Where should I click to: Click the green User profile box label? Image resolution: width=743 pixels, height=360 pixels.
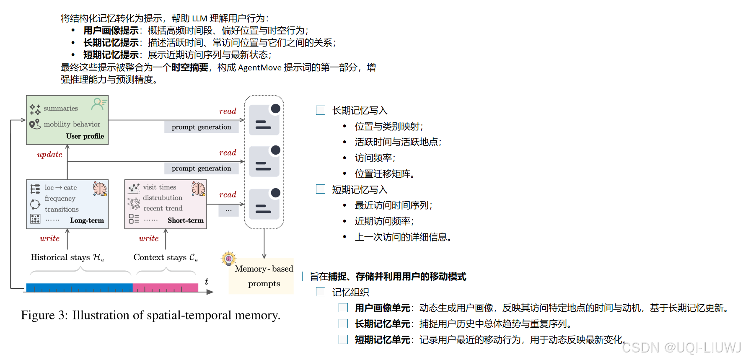click(85, 136)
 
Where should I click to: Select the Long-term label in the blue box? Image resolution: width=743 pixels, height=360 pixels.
click(87, 220)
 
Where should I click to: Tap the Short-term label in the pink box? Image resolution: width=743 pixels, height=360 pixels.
click(186, 220)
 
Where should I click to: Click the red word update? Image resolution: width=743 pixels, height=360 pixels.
click(49, 154)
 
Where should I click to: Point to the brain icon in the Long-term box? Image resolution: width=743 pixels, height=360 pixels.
click(100, 189)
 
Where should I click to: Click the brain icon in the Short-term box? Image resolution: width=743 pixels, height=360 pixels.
click(198, 189)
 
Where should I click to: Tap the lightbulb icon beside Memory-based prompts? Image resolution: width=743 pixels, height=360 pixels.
click(228, 259)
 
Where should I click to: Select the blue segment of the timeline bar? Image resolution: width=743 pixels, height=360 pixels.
click(79, 287)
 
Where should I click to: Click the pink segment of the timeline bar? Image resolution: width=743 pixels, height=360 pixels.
click(165, 287)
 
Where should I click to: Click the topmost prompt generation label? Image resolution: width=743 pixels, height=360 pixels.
click(201, 127)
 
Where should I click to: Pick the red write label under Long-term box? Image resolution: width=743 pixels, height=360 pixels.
click(49, 238)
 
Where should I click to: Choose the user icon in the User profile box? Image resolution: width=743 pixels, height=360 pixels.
click(99, 104)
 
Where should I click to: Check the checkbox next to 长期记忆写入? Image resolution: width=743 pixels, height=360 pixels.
click(321, 110)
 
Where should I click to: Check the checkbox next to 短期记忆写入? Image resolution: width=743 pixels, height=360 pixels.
click(321, 189)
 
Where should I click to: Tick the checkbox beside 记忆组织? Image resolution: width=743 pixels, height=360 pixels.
click(321, 292)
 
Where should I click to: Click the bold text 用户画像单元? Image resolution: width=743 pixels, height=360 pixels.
click(382, 308)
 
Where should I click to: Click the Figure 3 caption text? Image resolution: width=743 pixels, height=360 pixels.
click(150, 315)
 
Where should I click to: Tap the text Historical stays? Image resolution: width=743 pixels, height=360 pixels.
click(60, 257)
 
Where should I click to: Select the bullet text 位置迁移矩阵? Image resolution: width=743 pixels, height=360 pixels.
click(384, 174)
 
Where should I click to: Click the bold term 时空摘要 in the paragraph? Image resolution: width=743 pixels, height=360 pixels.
click(189, 67)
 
